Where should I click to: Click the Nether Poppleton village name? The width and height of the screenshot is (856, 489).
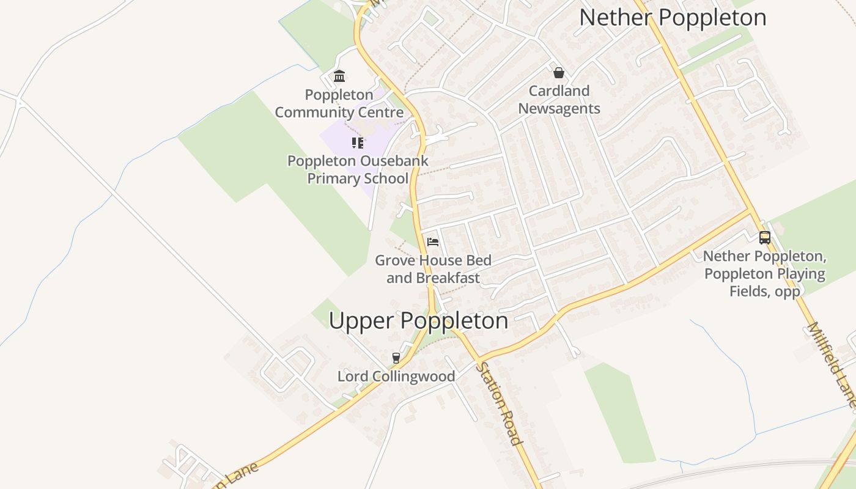[x=673, y=17]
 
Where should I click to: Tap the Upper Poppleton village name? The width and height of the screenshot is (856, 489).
[x=418, y=320]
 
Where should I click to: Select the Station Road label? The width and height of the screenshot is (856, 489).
[x=499, y=403]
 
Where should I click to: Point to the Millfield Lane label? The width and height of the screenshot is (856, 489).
[x=832, y=364]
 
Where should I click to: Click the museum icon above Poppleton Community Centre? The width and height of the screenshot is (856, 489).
[x=339, y=76]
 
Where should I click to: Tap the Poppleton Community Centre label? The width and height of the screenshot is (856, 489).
[x=339, y=103]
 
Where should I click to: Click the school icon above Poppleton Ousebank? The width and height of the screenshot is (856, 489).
[x=358, y=143]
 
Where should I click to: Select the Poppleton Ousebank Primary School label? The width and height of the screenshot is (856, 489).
[x=358, y=170]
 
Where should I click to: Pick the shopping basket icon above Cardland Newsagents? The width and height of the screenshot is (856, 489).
[x=558, y=73]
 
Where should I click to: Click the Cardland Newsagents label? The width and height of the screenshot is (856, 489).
[x=559, y=100]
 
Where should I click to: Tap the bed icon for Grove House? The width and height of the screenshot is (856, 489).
[x=433, y=242]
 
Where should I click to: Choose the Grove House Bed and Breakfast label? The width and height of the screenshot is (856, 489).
[x=433, y=269]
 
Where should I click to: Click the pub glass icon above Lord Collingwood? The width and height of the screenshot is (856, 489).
[x=396, y=358]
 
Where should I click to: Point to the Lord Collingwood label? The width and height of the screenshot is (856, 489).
[x=396, y=377]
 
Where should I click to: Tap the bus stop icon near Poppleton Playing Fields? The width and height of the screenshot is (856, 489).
[x=764, y=238]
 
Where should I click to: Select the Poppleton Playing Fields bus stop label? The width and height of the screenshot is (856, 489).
[x=765, y=273]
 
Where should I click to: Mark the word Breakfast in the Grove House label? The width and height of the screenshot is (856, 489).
[x=448, y=278]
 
